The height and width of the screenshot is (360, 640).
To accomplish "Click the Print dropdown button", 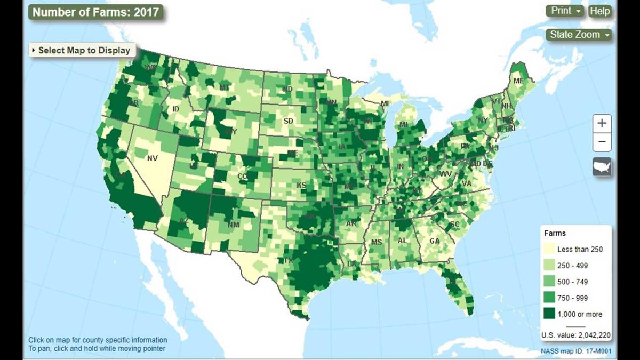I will (565, 11).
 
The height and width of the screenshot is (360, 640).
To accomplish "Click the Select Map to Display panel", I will (83, 50).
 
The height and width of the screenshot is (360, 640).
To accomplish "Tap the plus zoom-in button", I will (602, 123).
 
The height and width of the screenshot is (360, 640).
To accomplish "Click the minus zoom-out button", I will (602, 142).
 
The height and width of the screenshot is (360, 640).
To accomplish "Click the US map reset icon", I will (602, 166).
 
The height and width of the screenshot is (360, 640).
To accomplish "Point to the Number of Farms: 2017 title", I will (96, 12).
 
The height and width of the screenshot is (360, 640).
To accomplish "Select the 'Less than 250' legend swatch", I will (549, 249).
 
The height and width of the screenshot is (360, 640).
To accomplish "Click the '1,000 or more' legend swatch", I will (549, 314).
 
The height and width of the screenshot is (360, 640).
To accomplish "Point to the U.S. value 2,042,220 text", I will (575, 335).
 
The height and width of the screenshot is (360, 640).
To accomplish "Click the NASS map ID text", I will (575, 351).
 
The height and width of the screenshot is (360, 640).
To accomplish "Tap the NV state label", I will (153, 158).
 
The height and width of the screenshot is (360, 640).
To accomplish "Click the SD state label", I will (288, 121).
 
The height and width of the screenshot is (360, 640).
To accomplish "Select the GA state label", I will (435, 241).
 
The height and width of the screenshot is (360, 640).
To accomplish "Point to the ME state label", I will (518, 81).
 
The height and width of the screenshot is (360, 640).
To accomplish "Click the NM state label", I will (234, 225).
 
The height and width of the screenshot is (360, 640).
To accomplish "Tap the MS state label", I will (377, 242).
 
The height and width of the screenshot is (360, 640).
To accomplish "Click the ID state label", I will (175, 109).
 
